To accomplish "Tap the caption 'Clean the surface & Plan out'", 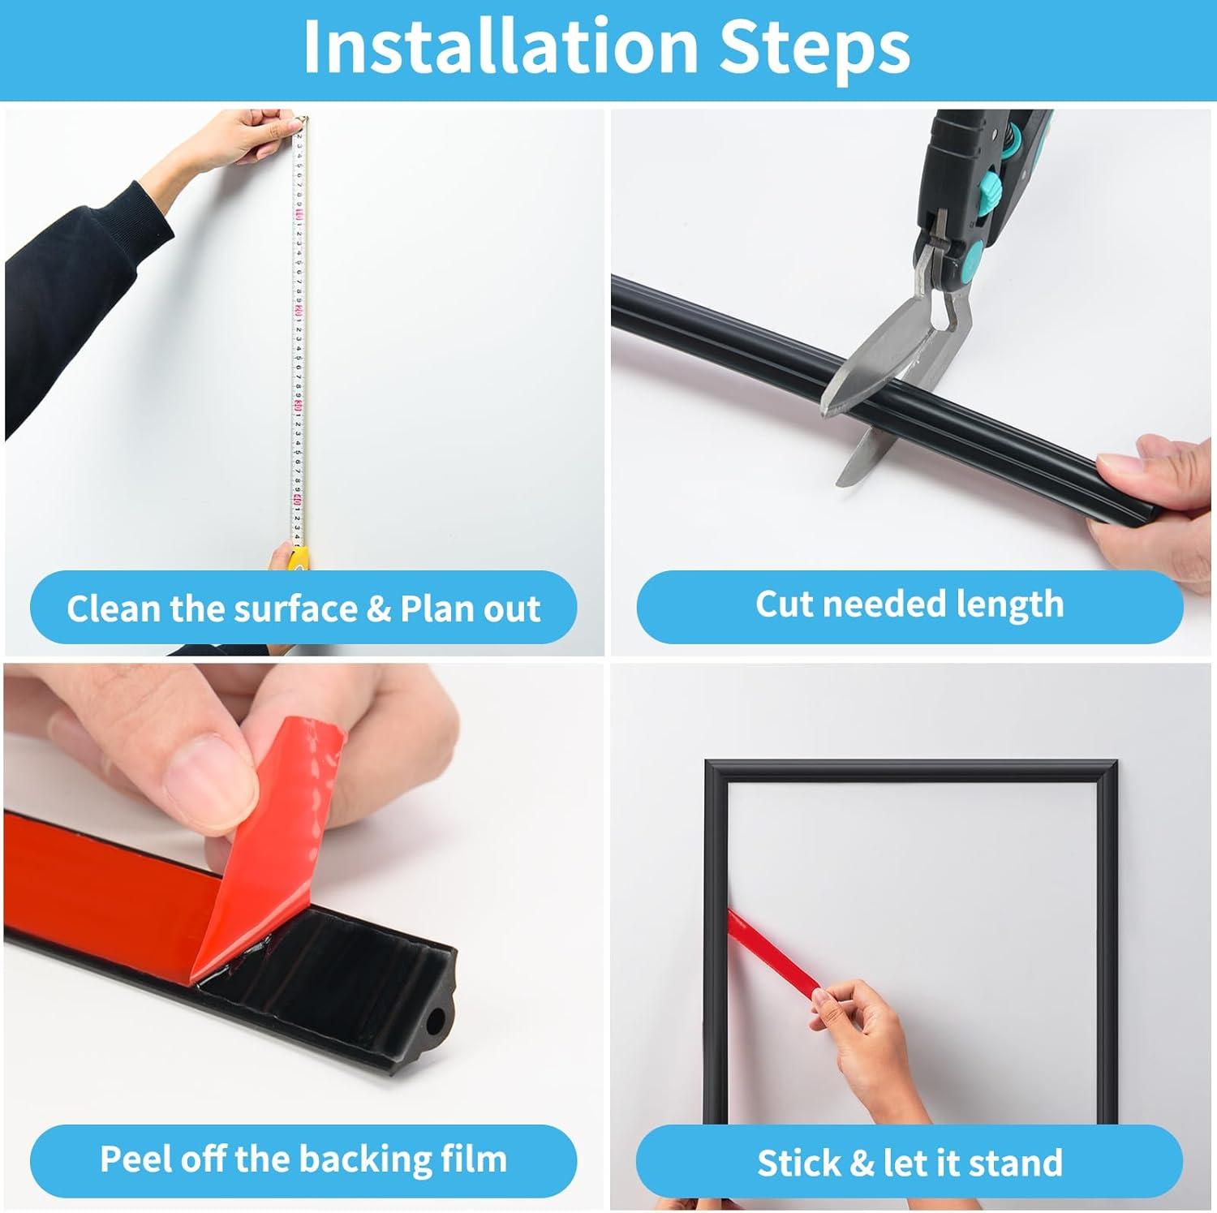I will pyautogui.click(x=303, y=609).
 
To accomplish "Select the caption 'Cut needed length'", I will pyautogui.click(x=909, y=604).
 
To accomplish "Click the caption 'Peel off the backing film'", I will pyautogui.click(x=303, y=1159).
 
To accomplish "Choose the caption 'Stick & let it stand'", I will pyautogui.click(x=909, y=1163).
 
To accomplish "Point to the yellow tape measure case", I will pyautogui.click(x=299, y=557).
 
